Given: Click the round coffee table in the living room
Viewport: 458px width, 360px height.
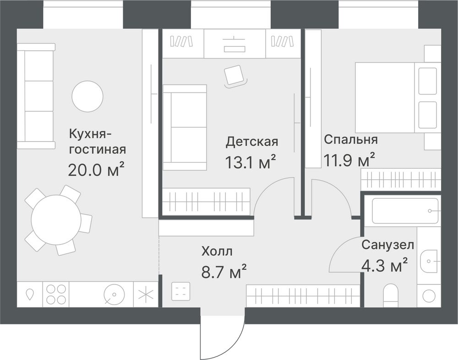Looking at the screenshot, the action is click(x=87, y=96).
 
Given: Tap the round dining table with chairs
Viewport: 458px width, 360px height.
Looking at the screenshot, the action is click(x=56, y=220).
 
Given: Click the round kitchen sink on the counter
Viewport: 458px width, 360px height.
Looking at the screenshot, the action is click(x=114, y=294).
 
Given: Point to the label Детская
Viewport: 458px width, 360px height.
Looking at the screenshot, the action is click(x=252, y=142).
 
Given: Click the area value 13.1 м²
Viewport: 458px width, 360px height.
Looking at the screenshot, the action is click(x=251, y=162).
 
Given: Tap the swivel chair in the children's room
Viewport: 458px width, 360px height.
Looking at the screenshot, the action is click(x=235, y=76).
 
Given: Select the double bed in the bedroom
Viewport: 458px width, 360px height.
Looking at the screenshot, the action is click(x=398, y=97).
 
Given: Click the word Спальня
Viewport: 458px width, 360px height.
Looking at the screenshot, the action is click(x=351, y=139).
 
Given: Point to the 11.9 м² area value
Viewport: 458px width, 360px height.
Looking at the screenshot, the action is click(x=349, y=159).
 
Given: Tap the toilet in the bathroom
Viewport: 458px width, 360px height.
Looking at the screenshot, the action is click(x=390, y=295).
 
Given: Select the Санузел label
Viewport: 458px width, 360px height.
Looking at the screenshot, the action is click(x=387, y=245).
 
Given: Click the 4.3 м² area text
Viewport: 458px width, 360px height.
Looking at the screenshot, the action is click(x=384, y=265).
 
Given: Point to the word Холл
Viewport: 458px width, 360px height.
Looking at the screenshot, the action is click(x=217, y=251).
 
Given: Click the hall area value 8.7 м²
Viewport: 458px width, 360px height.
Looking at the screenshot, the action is click(x=224, y=271).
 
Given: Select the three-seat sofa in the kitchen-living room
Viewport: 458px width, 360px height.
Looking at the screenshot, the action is click(x=36, y=96).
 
